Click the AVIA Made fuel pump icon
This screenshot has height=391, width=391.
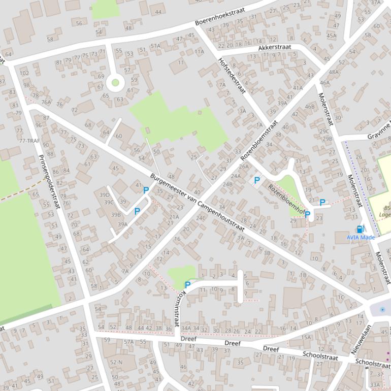click(361, 229)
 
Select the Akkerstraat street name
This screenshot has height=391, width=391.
click(275, 48)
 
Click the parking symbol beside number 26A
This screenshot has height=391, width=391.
click(257, 180)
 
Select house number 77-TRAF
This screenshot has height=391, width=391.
click(29, 141)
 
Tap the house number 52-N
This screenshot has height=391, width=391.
click(116, 362)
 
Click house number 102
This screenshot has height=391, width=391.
click(24, 73)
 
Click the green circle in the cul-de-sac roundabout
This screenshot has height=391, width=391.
click(115, 82)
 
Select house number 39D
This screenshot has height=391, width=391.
click(105, 195)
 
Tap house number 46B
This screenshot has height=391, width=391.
click(310, 107)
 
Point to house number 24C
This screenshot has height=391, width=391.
click(201, 218)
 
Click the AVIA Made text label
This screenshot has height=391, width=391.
click(361, 237)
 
